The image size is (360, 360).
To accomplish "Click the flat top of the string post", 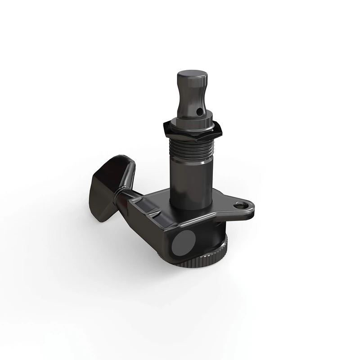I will click(189, 75).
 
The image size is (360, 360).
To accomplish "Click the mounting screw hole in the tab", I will click(239, 205).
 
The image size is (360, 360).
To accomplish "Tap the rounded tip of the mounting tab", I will click(252, 207).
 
